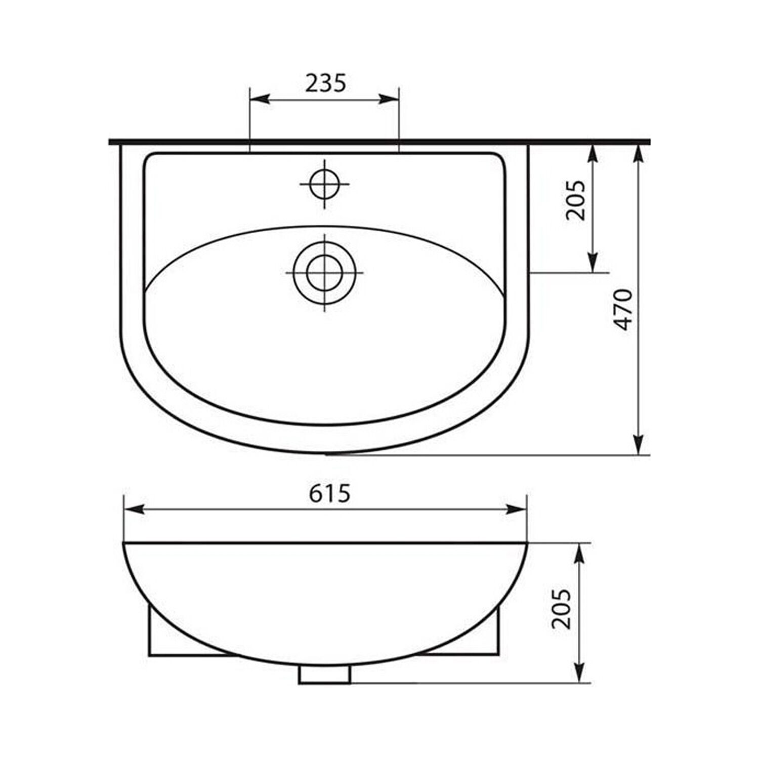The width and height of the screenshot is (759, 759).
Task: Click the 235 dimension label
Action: (x=325, y=83)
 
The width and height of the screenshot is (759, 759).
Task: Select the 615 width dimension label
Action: (x=329, y=493)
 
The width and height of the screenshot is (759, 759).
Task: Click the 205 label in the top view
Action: (x=575, y=200)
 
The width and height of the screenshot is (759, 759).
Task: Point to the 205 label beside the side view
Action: (x=561, y=609)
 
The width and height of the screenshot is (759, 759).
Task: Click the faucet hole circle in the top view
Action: (x=325, y=184)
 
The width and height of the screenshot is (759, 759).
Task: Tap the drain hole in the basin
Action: (x=325, y=273)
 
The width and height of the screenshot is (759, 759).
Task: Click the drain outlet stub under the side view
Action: (x=325, y=674)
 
